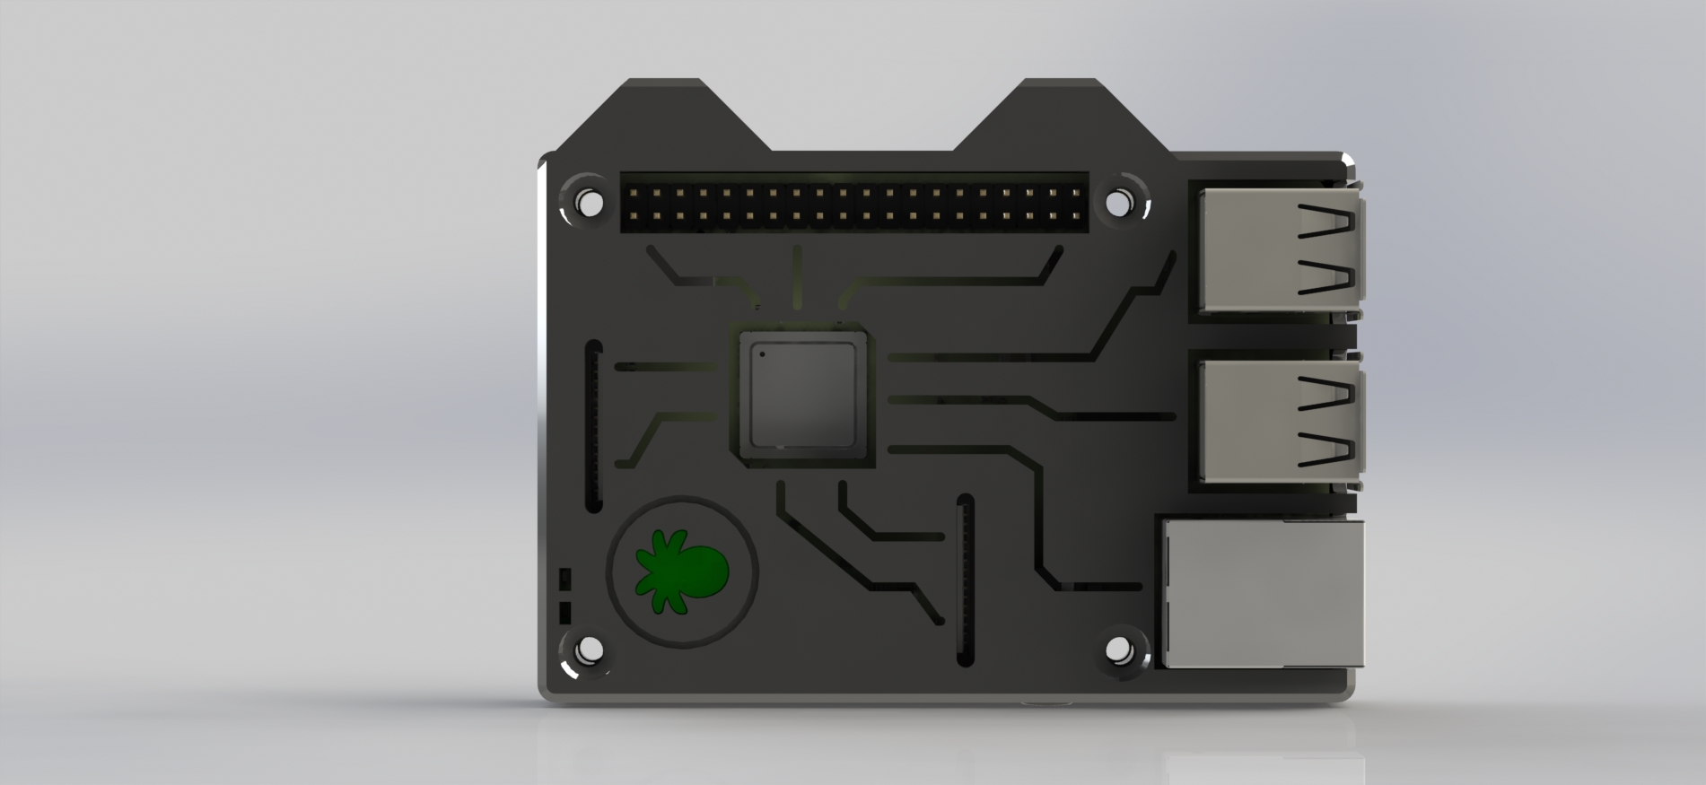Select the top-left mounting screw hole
[589, 203]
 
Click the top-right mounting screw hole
[1116, 203]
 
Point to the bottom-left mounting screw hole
[589, 648]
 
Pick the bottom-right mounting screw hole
[1116, 648]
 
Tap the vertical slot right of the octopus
[966, 579]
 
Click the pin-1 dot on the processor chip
[763, 353]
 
